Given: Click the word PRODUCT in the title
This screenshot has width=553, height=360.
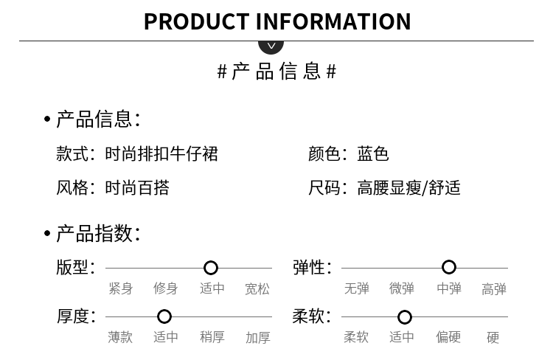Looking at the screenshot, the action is [x=196, y=21].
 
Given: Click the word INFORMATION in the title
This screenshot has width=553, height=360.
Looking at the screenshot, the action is [x=333, y=21].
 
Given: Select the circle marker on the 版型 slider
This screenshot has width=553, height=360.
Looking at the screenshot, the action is [x=211, y=268].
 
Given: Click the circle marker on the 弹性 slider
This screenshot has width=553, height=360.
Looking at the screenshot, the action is [x=449, y=267].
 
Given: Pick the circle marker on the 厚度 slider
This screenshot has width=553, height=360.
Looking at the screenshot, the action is [x=164, y=316].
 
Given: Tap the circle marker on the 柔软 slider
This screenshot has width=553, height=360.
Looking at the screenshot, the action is [x=405, y=317].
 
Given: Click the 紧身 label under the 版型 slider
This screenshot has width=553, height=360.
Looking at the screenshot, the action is [x=121, y=288].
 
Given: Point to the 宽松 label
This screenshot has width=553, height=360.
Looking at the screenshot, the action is [x=257, y=288].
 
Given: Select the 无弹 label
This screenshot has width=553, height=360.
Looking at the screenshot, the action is [x=357, y=288].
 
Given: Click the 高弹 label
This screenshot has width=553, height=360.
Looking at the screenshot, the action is [x=494, y=288].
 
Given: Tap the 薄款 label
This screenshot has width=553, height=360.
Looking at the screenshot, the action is [x=121, y=337].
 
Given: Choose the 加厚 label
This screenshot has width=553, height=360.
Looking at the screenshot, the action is [x=257, y=337].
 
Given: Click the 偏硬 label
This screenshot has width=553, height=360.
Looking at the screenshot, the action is [x=448, y=337].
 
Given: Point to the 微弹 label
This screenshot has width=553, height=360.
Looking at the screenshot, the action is [x=402, y=288].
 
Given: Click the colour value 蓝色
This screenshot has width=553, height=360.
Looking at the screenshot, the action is [x=373, y=154].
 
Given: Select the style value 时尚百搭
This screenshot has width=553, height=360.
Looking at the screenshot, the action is [x=137, y=188].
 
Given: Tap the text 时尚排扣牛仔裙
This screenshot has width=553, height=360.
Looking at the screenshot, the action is [x=161, y=154].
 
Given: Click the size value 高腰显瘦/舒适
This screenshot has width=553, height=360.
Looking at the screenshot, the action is [x=408, y=188].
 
